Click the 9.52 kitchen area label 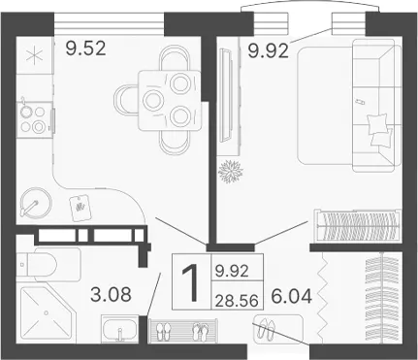tap(85, 49)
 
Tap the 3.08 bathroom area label tap(111, 295)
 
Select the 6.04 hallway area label tap(292, 296)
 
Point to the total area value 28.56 tap(237, 302)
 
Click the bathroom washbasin tap(120, 329)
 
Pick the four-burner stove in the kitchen tap(34, 119)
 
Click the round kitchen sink tap(36, 203)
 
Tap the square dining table tap(169, 101)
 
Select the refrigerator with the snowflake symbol tap(35, 55)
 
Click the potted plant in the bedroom tap(231, 171)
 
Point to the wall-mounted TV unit tap(230, 95)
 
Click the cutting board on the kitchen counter tap(80, 208)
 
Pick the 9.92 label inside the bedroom tap(269, 51)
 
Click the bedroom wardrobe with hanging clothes tap(358, 225)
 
